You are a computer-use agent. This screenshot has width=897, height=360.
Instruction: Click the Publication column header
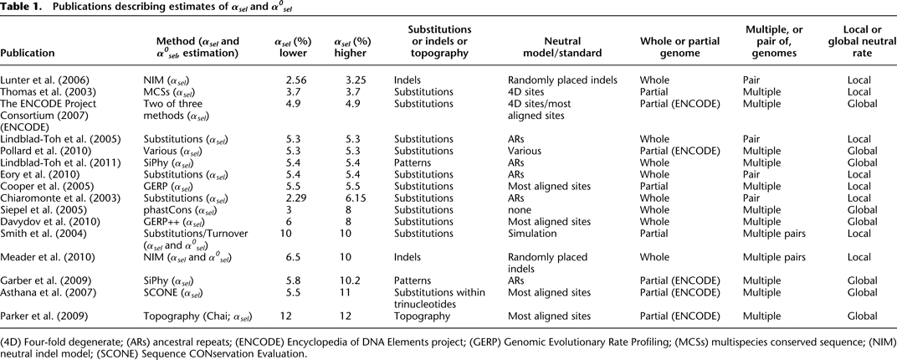click(28, 53)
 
